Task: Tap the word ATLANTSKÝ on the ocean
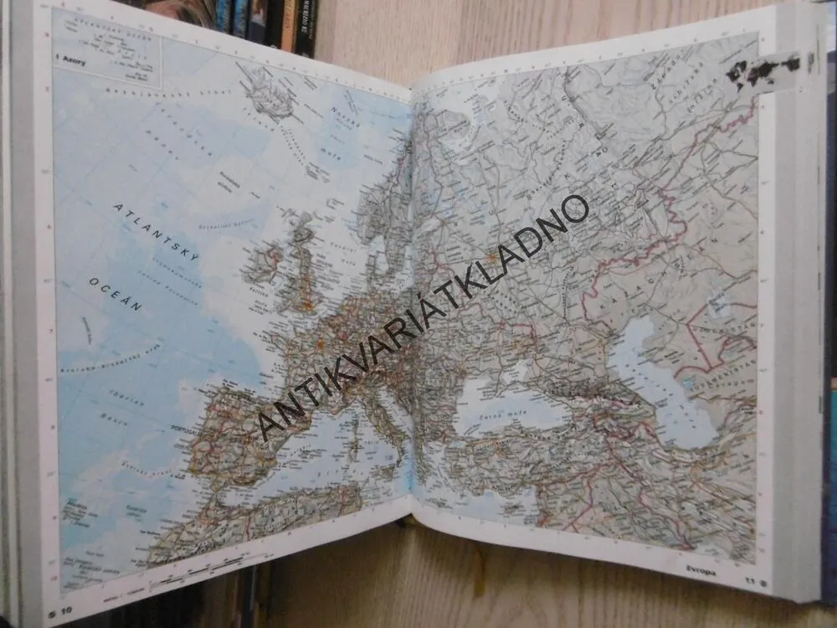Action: tap(157, 233)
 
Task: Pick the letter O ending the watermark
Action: tap(577, 208)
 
